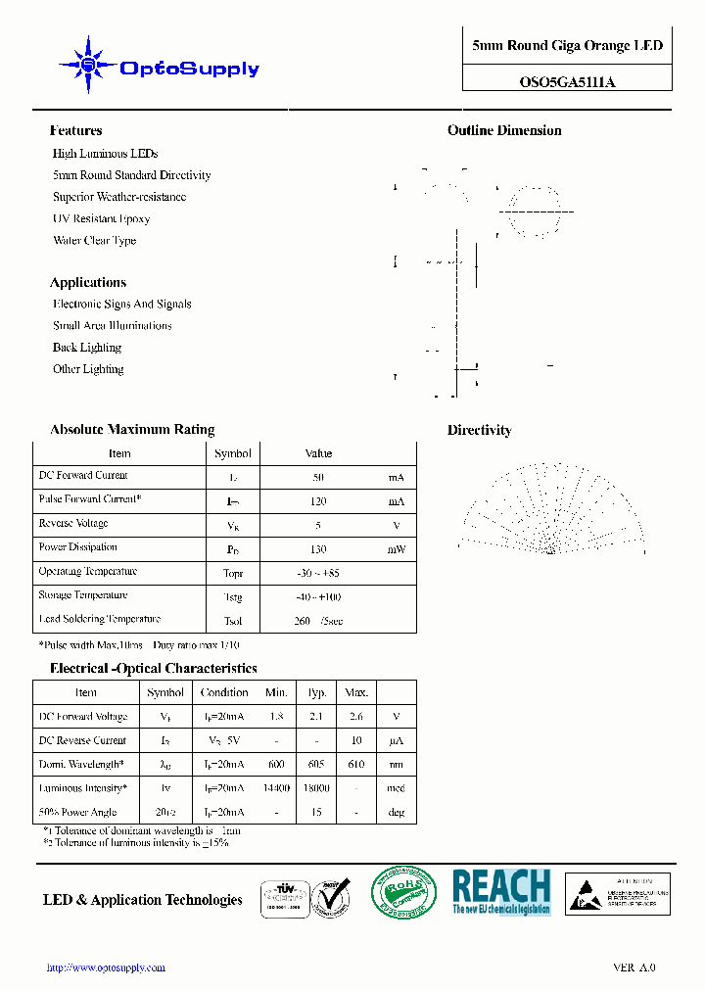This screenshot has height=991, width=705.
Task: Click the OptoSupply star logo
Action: (88, 66)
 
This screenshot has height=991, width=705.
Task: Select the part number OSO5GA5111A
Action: (567, 82)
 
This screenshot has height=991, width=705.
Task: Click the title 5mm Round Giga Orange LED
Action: (567, 46)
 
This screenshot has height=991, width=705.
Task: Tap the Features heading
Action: (75, 130)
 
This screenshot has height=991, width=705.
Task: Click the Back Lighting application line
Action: (87, 348)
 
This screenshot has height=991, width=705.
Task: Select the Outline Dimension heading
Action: (504, 130)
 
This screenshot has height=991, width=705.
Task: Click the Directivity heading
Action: (479, 430)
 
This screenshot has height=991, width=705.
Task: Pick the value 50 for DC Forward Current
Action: (318, 478)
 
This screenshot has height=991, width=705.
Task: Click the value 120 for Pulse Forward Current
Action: (318, 501)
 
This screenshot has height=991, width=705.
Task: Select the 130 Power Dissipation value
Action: (318, 549)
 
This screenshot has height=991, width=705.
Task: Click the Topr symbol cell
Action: (233, 574)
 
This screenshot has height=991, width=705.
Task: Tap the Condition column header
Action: (224, 692)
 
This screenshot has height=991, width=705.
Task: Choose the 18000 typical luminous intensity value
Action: (316, 788)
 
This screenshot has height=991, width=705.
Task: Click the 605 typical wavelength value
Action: (316, 765)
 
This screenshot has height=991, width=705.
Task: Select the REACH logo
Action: (501, 891)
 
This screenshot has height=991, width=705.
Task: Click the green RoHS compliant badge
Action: (403, 893)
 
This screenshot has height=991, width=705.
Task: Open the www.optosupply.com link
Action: (107, 967)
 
